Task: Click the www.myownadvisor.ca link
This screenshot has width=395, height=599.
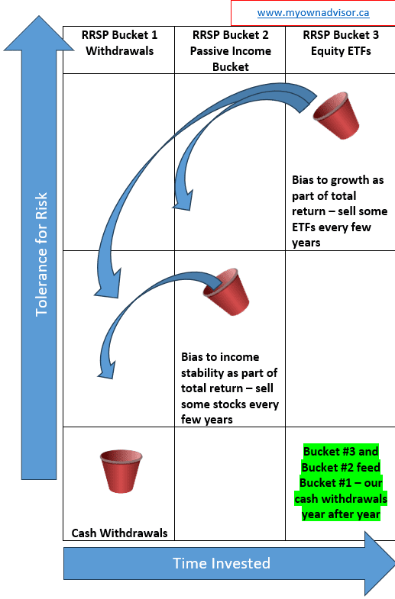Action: pyautogui.click(x=313, y=13)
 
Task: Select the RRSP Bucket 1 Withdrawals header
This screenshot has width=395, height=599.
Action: pyautogui.click(x=119, y=43)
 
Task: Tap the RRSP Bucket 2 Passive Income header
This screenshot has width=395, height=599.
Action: pyautogui.click(x=231, y=51)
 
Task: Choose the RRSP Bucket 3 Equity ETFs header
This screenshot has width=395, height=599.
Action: pyautogui.click(x=341, y=43)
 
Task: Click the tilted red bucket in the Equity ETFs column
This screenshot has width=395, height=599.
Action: pyautogui.click(x=336, y=115)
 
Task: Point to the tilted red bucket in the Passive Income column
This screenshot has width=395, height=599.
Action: pyautogui.click(x=226, y=291)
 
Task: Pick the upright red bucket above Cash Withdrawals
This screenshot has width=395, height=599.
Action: pyautogui.click(x=121, y=471)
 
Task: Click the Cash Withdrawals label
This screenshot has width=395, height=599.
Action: pyautogui.click(x=119, y=533)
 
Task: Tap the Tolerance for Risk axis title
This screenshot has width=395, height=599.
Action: pyautogui.click(x=41, y=254)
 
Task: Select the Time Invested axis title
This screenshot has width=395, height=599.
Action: pyautogui.click(x=222, y=563)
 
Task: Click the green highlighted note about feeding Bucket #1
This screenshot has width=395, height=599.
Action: pyautogui.click(x=341, y=483)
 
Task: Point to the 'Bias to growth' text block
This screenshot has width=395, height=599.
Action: pyautogui.click(x=339, y=211)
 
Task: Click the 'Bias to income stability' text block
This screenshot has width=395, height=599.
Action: pyautogui.click(x=229, y=388)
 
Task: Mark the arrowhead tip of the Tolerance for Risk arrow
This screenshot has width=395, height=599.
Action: pyautogui.click(x=39, y=16)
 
